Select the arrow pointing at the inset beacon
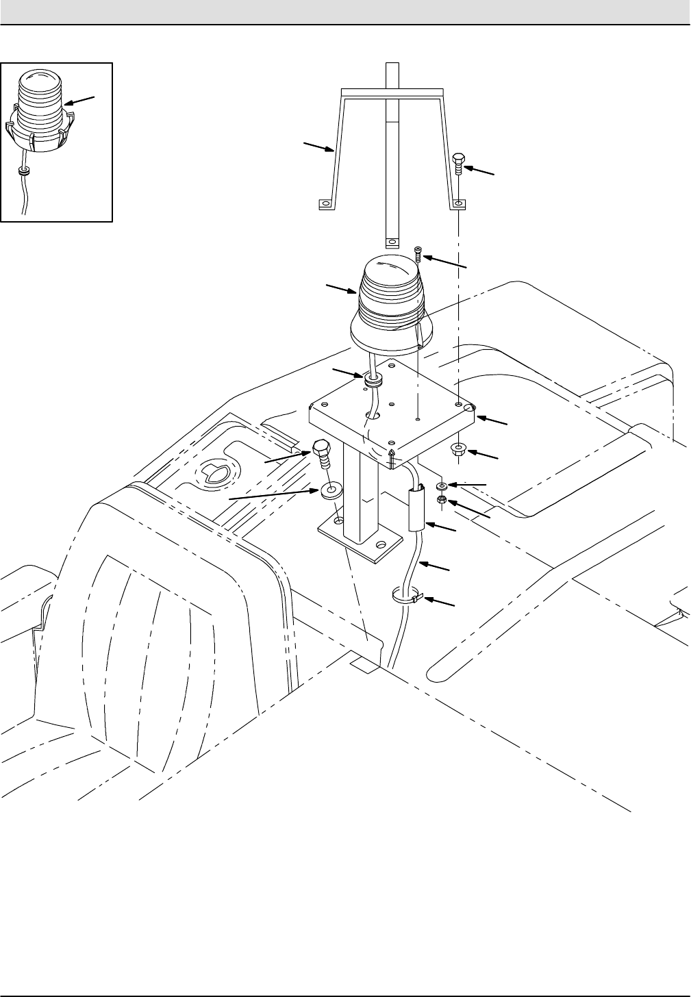tap(82, 101)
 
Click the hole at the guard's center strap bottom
tap(392, 242)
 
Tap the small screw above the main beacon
tap(418, 255)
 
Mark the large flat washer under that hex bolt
tap(331, 490)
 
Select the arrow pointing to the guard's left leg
tap(318, 146)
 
